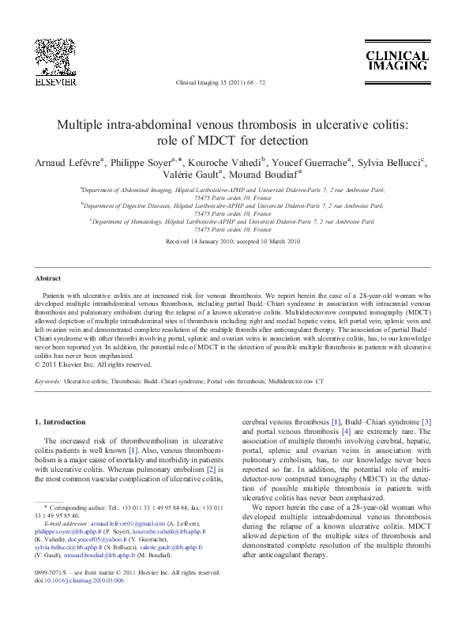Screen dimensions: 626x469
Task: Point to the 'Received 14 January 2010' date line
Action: point(203,240)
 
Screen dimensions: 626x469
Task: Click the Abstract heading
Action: point(48,278)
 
